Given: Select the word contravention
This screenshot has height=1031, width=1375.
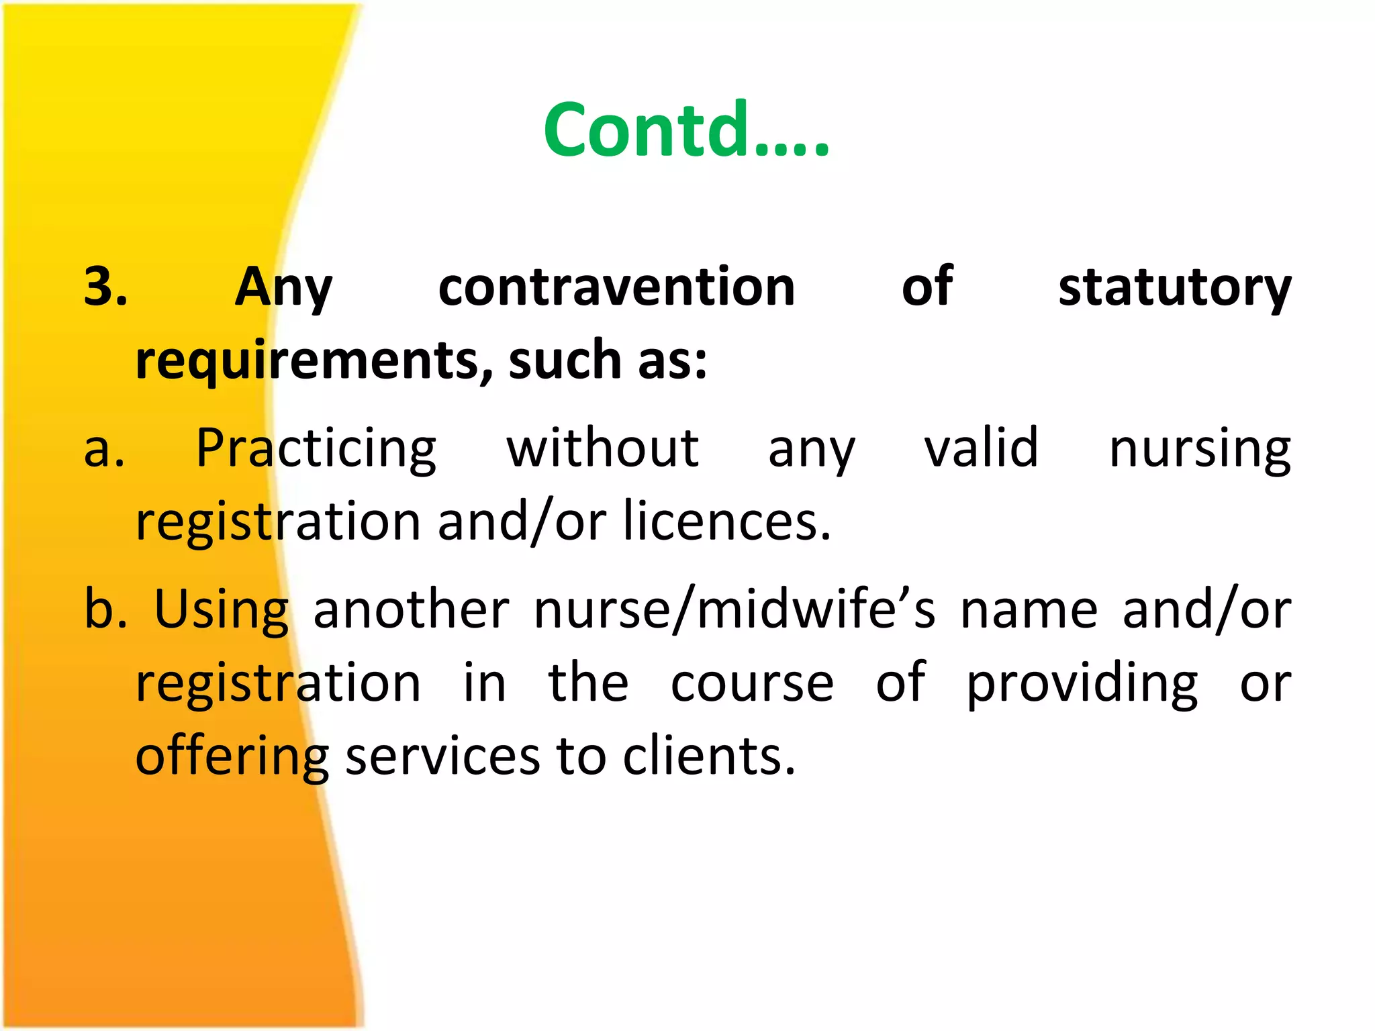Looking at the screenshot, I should coord(616,287).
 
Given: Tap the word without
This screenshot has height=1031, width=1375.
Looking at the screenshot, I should coord(602,448).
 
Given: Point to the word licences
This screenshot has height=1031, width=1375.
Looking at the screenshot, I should coord(727,522).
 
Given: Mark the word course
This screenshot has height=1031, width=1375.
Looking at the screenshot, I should coord(752,684).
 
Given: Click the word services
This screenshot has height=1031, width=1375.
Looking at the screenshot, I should coord(442,757).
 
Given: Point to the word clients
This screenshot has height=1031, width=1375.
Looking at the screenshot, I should coord(709,757).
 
